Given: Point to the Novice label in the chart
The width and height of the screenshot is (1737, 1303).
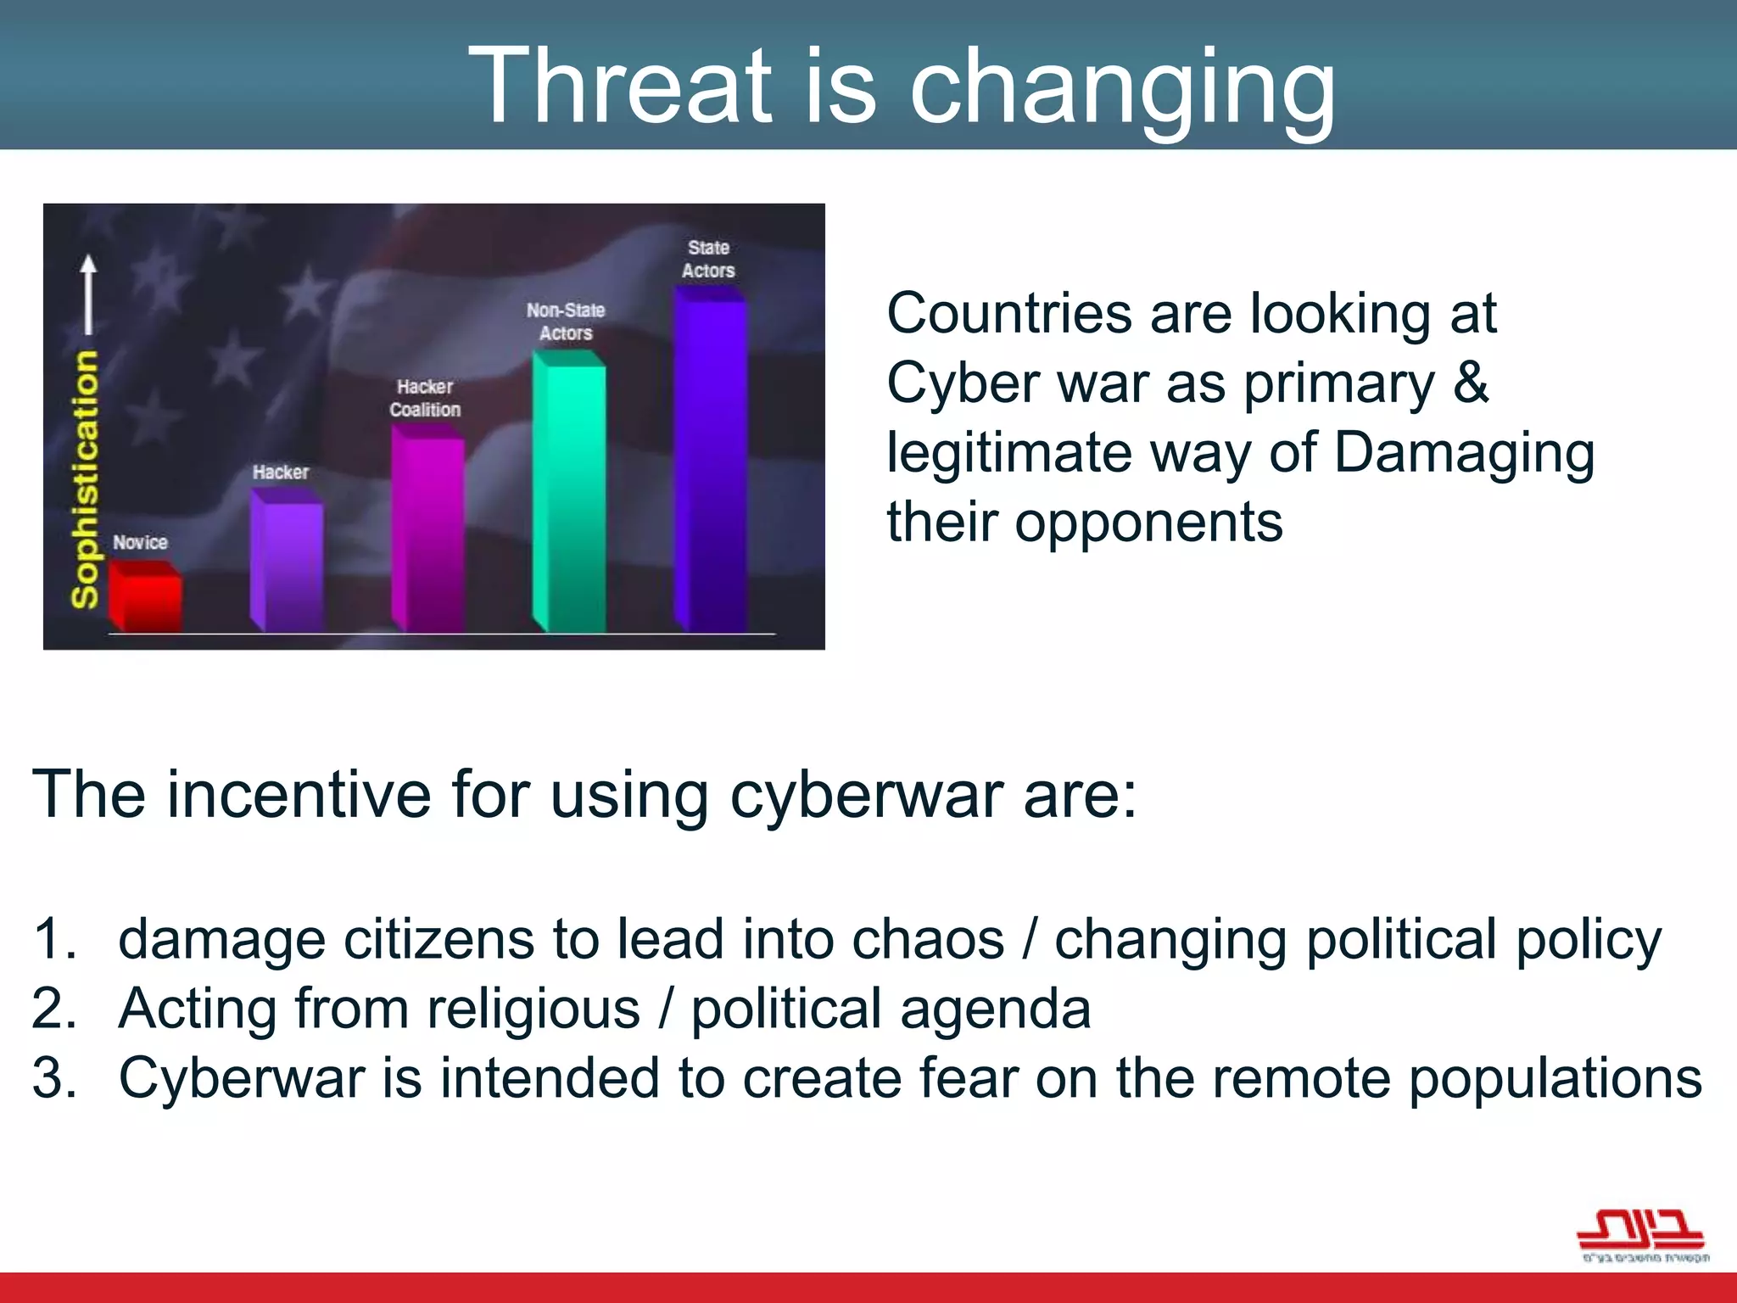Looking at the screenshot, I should coord(140,542).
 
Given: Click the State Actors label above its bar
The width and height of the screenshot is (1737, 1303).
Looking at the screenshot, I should coord(708,259).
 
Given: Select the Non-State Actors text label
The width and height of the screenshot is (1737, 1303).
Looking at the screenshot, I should coord(566,322).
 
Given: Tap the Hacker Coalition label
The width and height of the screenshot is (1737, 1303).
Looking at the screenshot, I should coord(425,398).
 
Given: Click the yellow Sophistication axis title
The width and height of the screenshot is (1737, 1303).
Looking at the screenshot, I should coord(85,479).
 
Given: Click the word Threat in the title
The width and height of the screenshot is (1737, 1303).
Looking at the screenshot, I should coord(620,87).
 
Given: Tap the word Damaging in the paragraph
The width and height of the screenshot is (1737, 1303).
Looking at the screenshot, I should coord(1464,452).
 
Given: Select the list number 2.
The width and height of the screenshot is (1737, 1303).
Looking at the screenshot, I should coord(53,1009).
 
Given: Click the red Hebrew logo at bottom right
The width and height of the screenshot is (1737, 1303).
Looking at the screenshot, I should coord(1640,1235).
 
